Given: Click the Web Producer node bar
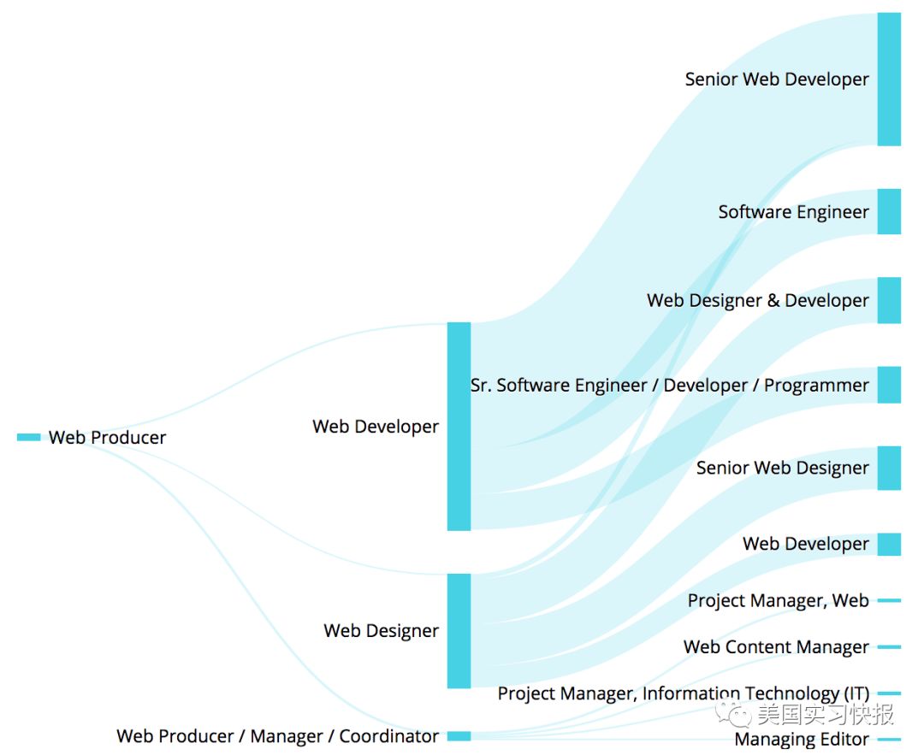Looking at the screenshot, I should pyautogui.click(x=28, y=437).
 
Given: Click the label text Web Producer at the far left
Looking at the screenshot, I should pyautogui.click(x=107, y=438).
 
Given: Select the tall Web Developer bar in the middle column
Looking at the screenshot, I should pyautogui.click(x=459, y=426).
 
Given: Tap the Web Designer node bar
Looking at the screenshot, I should pyautogui.click(x=459, y=630).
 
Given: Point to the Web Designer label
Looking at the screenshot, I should pyautogui.click(x=381, y=631).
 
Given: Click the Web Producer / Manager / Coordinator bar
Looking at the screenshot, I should pyautogui.click(x=459, y=736).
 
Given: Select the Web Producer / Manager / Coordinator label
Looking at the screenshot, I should pyautogui.click(x=277, y=736).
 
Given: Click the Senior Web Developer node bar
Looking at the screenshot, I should pyautogui.click(x=889, y=79).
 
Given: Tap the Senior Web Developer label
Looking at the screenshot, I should pyautogui.click(x=776, y=80).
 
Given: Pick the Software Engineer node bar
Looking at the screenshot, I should pyautogui.click(x=889, y=211).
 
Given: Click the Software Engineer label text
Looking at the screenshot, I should pyautogui.click(x=793, y=212).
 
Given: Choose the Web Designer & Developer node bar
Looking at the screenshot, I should pyautogui.click(x=889, y=300).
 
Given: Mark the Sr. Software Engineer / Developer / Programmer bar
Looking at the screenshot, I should pyautogui.click(x=889, y=385).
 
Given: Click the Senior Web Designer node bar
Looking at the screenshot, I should pyautogui.click(x=889, y=468).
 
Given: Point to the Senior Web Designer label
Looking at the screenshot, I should pyautogui.click(x=782, y=469).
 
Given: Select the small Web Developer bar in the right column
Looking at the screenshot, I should pyautogui.click(x=889, y=544).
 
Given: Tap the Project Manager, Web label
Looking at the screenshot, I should pyautogui.click(x=778, y=601).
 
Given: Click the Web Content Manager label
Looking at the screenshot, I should pyautogui.click(x=776, y=647).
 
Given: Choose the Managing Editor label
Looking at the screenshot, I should pyautogui.click(x=801, y=740).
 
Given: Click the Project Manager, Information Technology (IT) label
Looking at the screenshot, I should pyautogui.click(x=683, y=693).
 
